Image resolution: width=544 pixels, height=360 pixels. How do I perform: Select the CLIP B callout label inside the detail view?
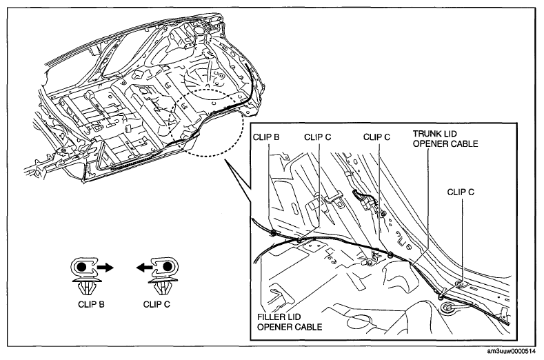pyautogui.click(x=266, y=137)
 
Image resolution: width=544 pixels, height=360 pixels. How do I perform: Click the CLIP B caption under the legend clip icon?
pyautogui.click(x=91, y=304)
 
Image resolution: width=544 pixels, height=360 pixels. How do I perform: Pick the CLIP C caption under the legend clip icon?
pyautogui.click(x=157, y=304)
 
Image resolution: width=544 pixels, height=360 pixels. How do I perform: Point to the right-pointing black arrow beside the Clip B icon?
pyautogui.click(x=105, y=268)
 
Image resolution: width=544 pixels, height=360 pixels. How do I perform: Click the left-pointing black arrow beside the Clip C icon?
pyautogui.click(x=143, y=268)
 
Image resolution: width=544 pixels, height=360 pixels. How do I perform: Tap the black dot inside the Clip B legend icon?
pyautogui.click(x=81, y=267)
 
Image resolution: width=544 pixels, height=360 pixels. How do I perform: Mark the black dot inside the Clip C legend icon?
pyautogui.click(x=168, y=267)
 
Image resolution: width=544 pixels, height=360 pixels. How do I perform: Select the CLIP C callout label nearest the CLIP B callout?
pyautogui.click(x=318, y=137)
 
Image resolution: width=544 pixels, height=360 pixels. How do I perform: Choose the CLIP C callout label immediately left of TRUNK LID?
pyautogui.click(x=376, y=137)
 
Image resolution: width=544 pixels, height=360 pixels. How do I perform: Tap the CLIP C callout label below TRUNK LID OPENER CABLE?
pyautogui.click(x=461, y=192)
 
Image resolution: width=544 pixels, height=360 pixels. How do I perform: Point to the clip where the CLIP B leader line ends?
pyautogui.click(x=273, y=232)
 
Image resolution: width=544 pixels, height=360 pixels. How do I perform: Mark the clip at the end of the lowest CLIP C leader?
pyautogui.click(x=441, y=296)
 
